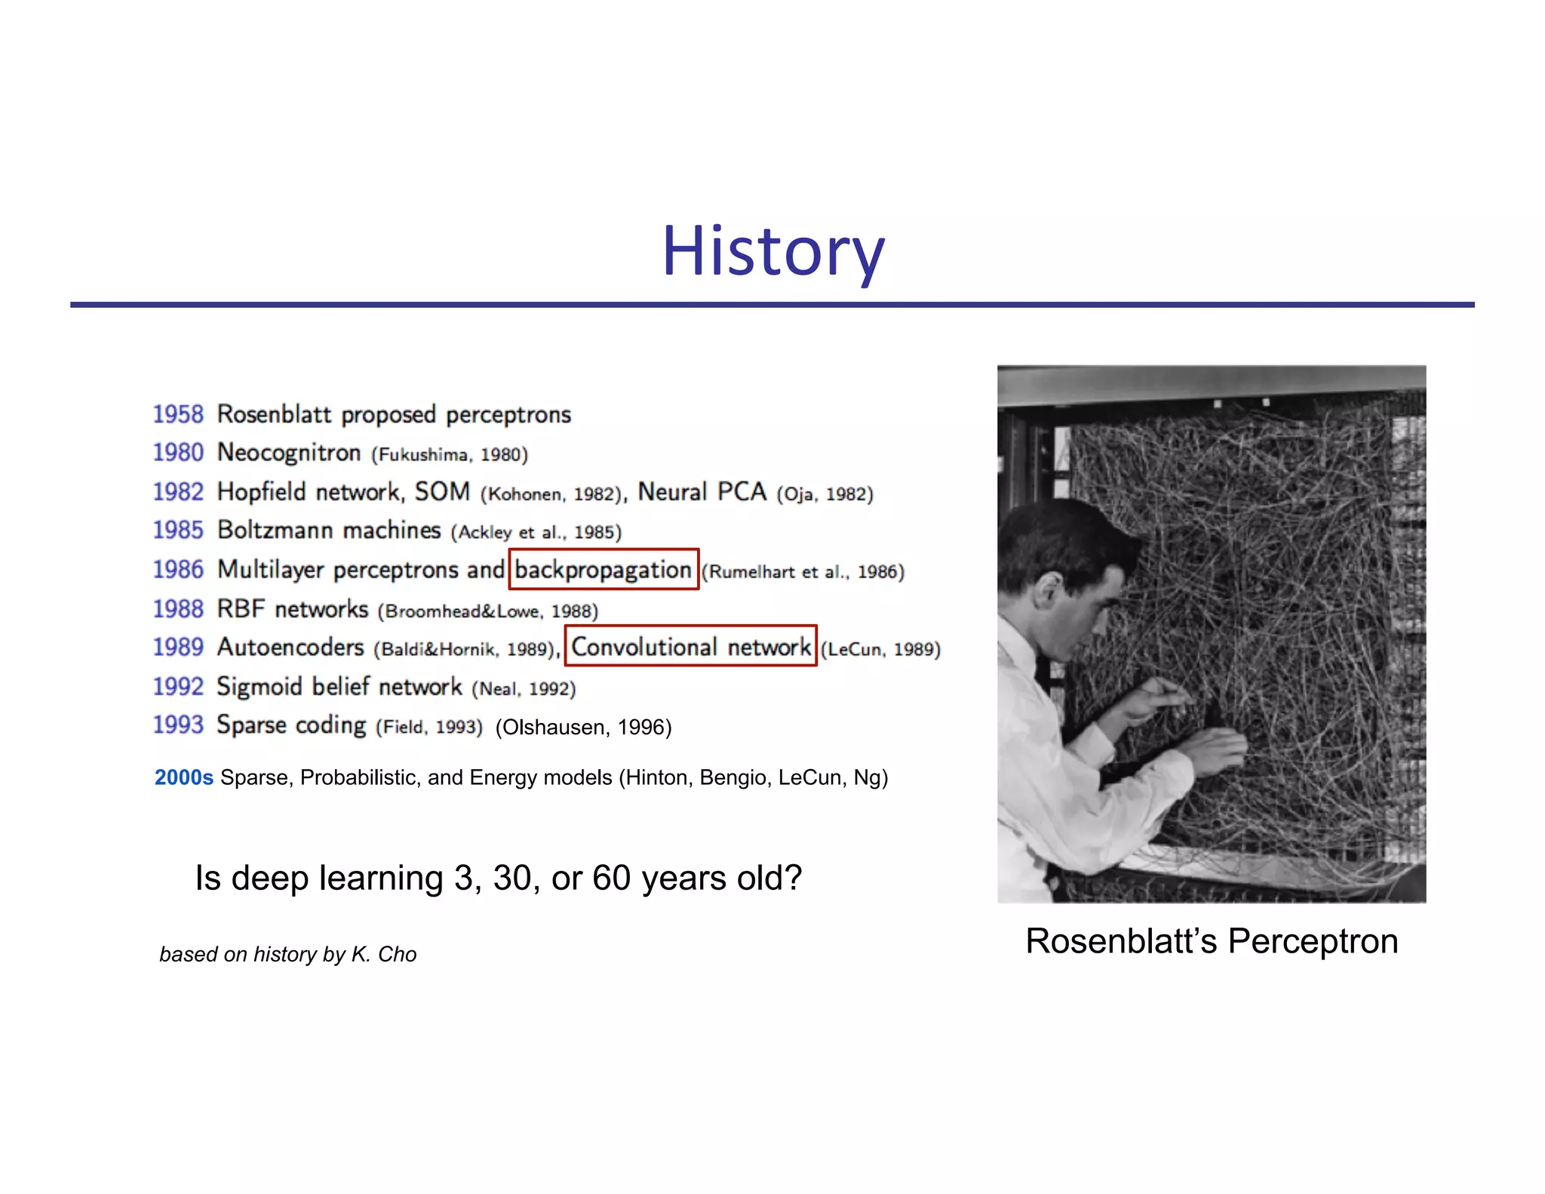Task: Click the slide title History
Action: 772,251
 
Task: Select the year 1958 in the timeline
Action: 178,414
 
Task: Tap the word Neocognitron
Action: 289,453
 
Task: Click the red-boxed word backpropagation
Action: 604,570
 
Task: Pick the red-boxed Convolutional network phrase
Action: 691,647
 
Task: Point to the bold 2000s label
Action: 184,777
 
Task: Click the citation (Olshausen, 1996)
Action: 583,727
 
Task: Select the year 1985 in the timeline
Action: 178,531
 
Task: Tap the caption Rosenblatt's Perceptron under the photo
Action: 1212,941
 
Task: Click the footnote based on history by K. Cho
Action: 287,955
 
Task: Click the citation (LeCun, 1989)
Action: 880,649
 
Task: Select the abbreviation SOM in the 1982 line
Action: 442,492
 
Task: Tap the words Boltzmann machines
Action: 329,531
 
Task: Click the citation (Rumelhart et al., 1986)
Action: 803,572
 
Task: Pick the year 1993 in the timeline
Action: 178,725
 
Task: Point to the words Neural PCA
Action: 702,492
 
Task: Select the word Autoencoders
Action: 290,648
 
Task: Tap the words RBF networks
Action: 293,609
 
